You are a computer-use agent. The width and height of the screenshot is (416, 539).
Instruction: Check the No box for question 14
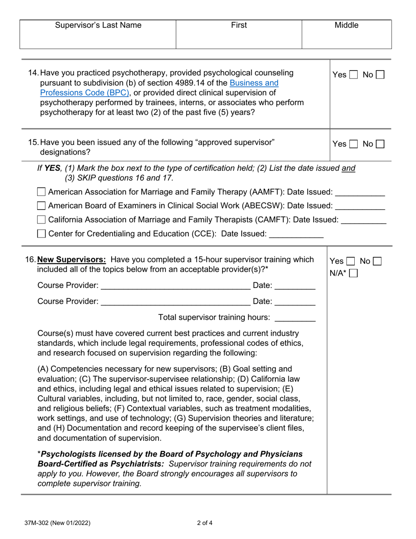pos(380,75)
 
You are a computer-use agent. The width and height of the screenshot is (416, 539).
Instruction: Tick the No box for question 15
pos(380,144)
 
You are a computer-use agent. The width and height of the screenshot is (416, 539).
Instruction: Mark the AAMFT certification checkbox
pos(41,192)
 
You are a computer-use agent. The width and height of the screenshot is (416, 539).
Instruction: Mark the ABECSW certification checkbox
pos(41,206)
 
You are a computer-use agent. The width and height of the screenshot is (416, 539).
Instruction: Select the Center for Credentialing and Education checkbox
pos(41,234)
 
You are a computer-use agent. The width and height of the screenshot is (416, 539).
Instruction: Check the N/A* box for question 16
pos(353,273)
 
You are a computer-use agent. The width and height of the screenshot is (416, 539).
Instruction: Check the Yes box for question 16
pos(350,262)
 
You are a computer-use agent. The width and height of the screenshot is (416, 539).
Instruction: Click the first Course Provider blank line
pos(175,287)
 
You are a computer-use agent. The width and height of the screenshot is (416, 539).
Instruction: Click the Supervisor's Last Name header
pos(98,25)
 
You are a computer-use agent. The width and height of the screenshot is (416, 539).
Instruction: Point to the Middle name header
pos(346,25)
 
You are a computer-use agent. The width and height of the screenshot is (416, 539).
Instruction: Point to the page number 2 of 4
pos(205,522)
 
